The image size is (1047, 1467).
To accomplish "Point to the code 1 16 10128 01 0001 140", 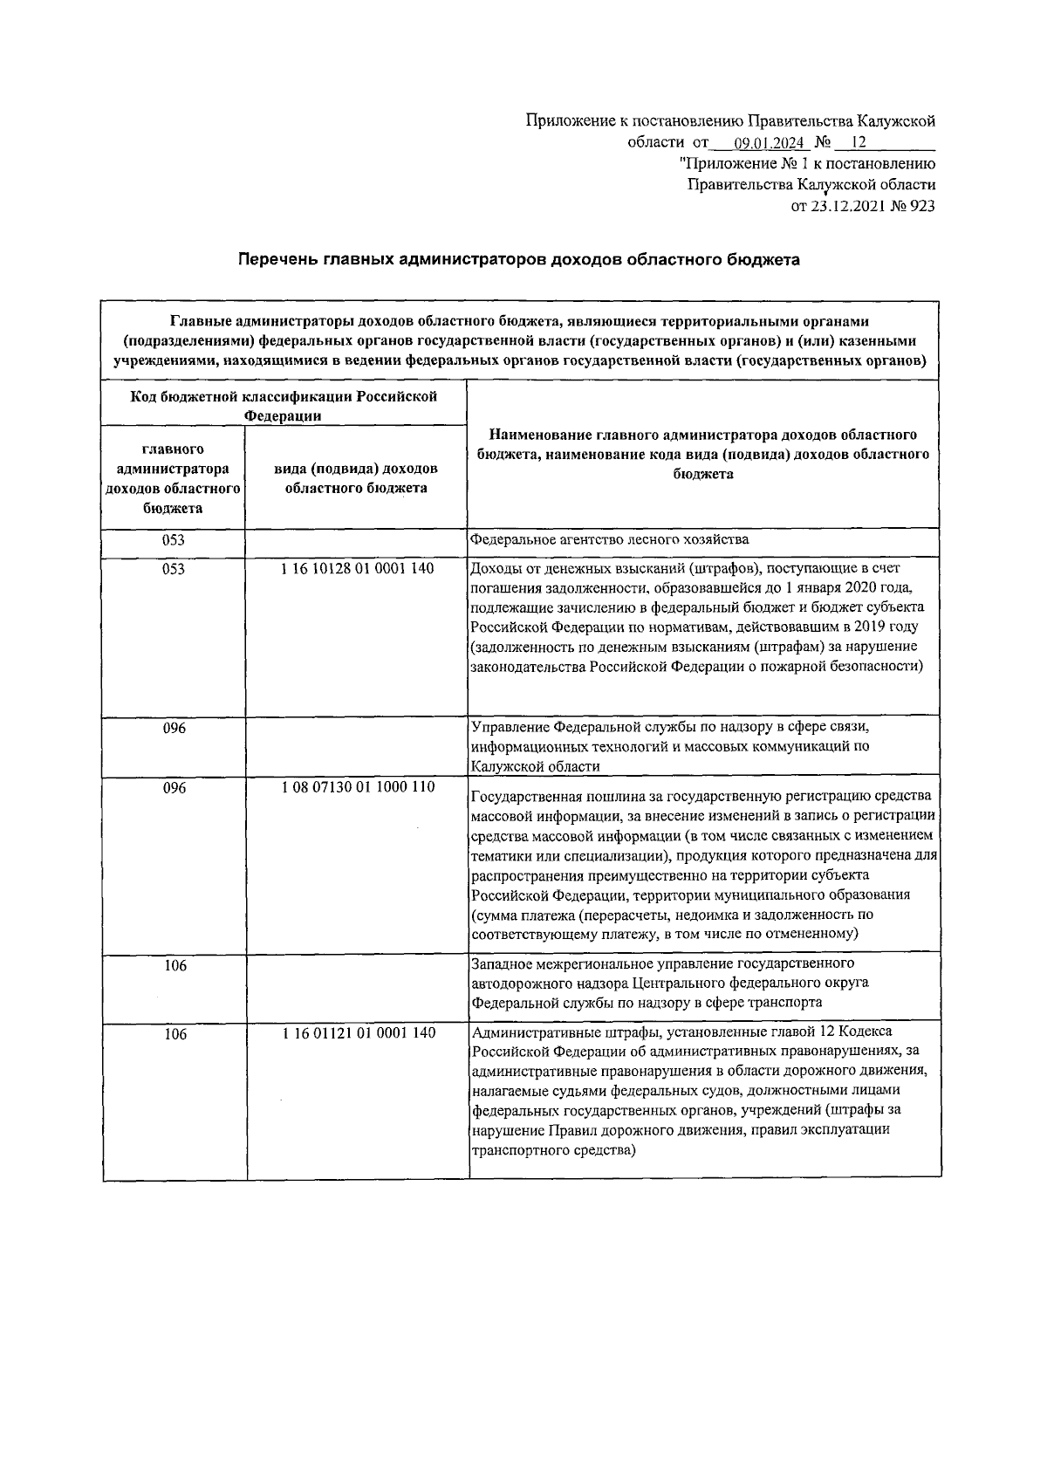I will point(358,568).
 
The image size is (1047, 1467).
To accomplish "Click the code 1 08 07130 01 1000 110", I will point(358,786).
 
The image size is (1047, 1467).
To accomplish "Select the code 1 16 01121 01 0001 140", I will point(359,1032).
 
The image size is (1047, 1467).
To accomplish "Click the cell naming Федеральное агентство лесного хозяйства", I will point(609,539).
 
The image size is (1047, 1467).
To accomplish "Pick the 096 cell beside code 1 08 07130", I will point(174,787).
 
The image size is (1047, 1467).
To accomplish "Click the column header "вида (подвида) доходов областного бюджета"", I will point(357,478).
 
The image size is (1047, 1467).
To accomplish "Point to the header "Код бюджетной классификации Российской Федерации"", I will point(284,406).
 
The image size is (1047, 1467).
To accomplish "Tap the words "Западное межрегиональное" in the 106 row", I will point(558,963).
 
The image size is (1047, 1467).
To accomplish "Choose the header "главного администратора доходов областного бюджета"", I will point(173,478).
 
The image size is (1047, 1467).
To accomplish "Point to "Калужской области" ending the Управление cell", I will point(535,766).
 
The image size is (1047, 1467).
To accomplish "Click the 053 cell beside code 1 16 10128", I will point(173,569).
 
